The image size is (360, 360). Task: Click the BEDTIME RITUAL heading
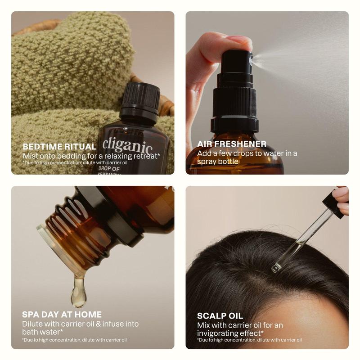(59, 147)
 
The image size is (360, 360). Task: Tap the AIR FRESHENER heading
(232, 144)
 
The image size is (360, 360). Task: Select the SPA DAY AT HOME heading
(62, 315)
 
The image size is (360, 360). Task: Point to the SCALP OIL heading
(220, 316)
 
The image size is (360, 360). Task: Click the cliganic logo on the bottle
(127, 145)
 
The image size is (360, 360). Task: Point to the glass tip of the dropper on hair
(276, 267)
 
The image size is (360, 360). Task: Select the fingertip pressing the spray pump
(241, 41)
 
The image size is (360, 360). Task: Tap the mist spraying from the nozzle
(297, 56)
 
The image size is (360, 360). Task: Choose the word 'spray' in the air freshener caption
(207, 161)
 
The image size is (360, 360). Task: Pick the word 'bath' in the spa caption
(30, 332)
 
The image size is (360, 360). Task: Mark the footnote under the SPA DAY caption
(74, 340)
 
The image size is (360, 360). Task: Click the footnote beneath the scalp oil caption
(249, 340)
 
